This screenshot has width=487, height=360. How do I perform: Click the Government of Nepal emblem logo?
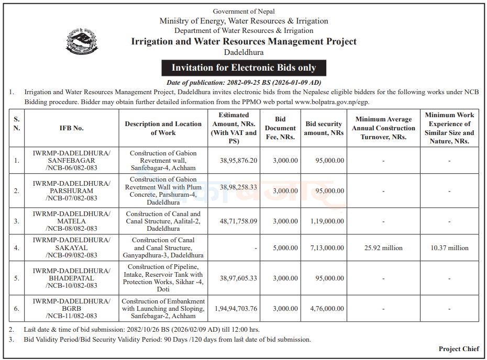pyautogui.click(x=82, y=41)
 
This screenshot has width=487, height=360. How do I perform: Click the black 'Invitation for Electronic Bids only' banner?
pyautogui.click(x=244, y=67)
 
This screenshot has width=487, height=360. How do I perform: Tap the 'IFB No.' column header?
pyautogui.click(x=71, y=128)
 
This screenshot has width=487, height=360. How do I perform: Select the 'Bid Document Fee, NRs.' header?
pyautogui.click(x=280, y=128)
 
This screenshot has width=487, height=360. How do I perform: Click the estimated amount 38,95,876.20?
pyautogui.click(x=235, y=160)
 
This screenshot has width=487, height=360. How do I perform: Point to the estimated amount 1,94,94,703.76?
pyautogui.click(x=235, y=309)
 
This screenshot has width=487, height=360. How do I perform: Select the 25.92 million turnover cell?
pyautogui.click(x=383, y=248)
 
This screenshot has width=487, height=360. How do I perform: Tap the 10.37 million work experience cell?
pyautogui.click(x=449, y=248)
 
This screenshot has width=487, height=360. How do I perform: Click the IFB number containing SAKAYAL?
pyautogui.click(x=71, y=248)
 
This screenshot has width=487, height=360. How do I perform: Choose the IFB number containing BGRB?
pyautogui.click(x=71, y=309)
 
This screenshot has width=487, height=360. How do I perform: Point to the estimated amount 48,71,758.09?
pyautogui.click(x=235, y=221)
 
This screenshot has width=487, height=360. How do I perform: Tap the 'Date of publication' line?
pyautogui.click(x=243, y=83)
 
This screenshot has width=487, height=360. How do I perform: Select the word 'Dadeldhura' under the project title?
pyautogui.click(x=243, y=52)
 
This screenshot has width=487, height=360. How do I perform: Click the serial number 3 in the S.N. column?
pyautogui.click(x=17, y=221)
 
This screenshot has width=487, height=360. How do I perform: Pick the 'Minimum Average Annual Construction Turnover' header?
pyautogui.click(x=383, y=128)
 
